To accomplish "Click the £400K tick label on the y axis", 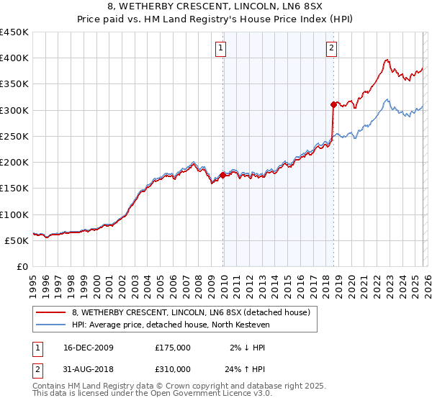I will click(14, 58).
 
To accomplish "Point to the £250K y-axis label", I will click(14, 136).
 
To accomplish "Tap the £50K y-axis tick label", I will click(17, 240).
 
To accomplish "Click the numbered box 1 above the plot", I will click(220, 49).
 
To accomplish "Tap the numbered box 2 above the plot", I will click(331, 49).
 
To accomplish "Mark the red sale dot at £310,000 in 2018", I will click(333, 105).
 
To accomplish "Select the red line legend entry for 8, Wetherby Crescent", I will click(191, 312).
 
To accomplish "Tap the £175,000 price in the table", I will click(173, 348).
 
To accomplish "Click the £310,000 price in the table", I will click(173, 371).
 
